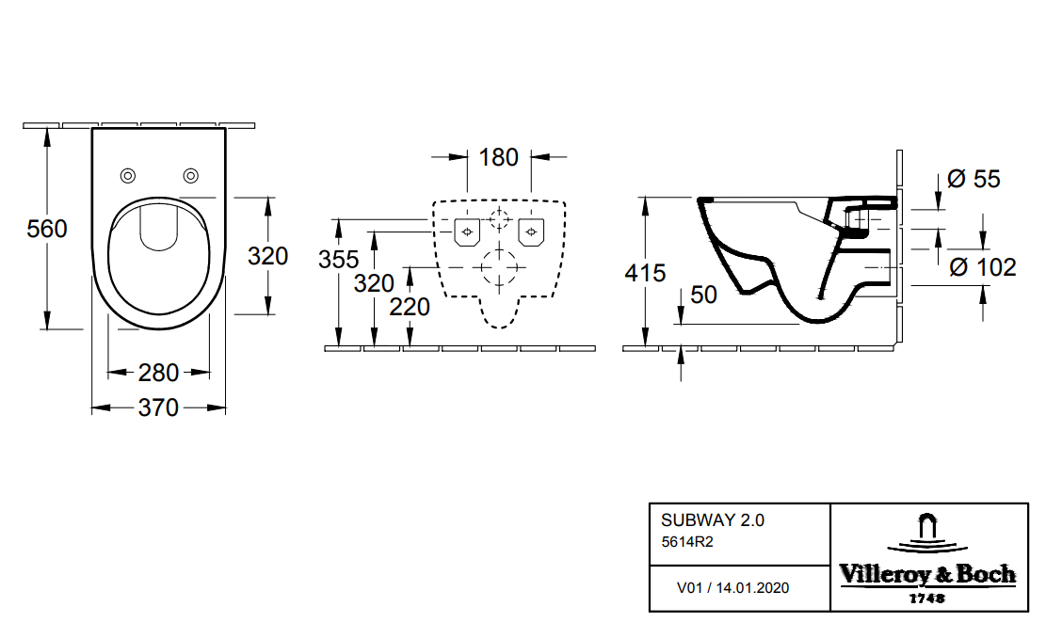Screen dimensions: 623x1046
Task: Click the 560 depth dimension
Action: tap(46, 229)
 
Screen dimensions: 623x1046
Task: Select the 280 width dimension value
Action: tap(158, 373)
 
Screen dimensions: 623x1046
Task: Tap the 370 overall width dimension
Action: tap(158, 408)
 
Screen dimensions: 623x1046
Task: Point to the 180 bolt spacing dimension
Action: tap(499, 157)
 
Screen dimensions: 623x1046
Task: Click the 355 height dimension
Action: tap(338, 260)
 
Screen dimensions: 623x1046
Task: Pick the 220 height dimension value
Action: tap(410, 307)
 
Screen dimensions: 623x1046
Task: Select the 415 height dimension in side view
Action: tap(646, 273)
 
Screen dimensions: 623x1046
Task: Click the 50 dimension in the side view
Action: tap(703, 295)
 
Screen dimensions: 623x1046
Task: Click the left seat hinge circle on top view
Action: tap(128, 176)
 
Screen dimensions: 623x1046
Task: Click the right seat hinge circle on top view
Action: tap(191, 176)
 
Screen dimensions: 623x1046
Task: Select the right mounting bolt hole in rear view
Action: tap(532, 231)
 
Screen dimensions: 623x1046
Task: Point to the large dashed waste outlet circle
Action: tap(499, 267)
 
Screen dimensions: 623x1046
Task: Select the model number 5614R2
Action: tap(688, 541)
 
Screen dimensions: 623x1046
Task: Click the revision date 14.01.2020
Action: tap(752, 588)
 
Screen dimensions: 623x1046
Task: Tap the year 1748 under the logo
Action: tap(927, 598)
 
